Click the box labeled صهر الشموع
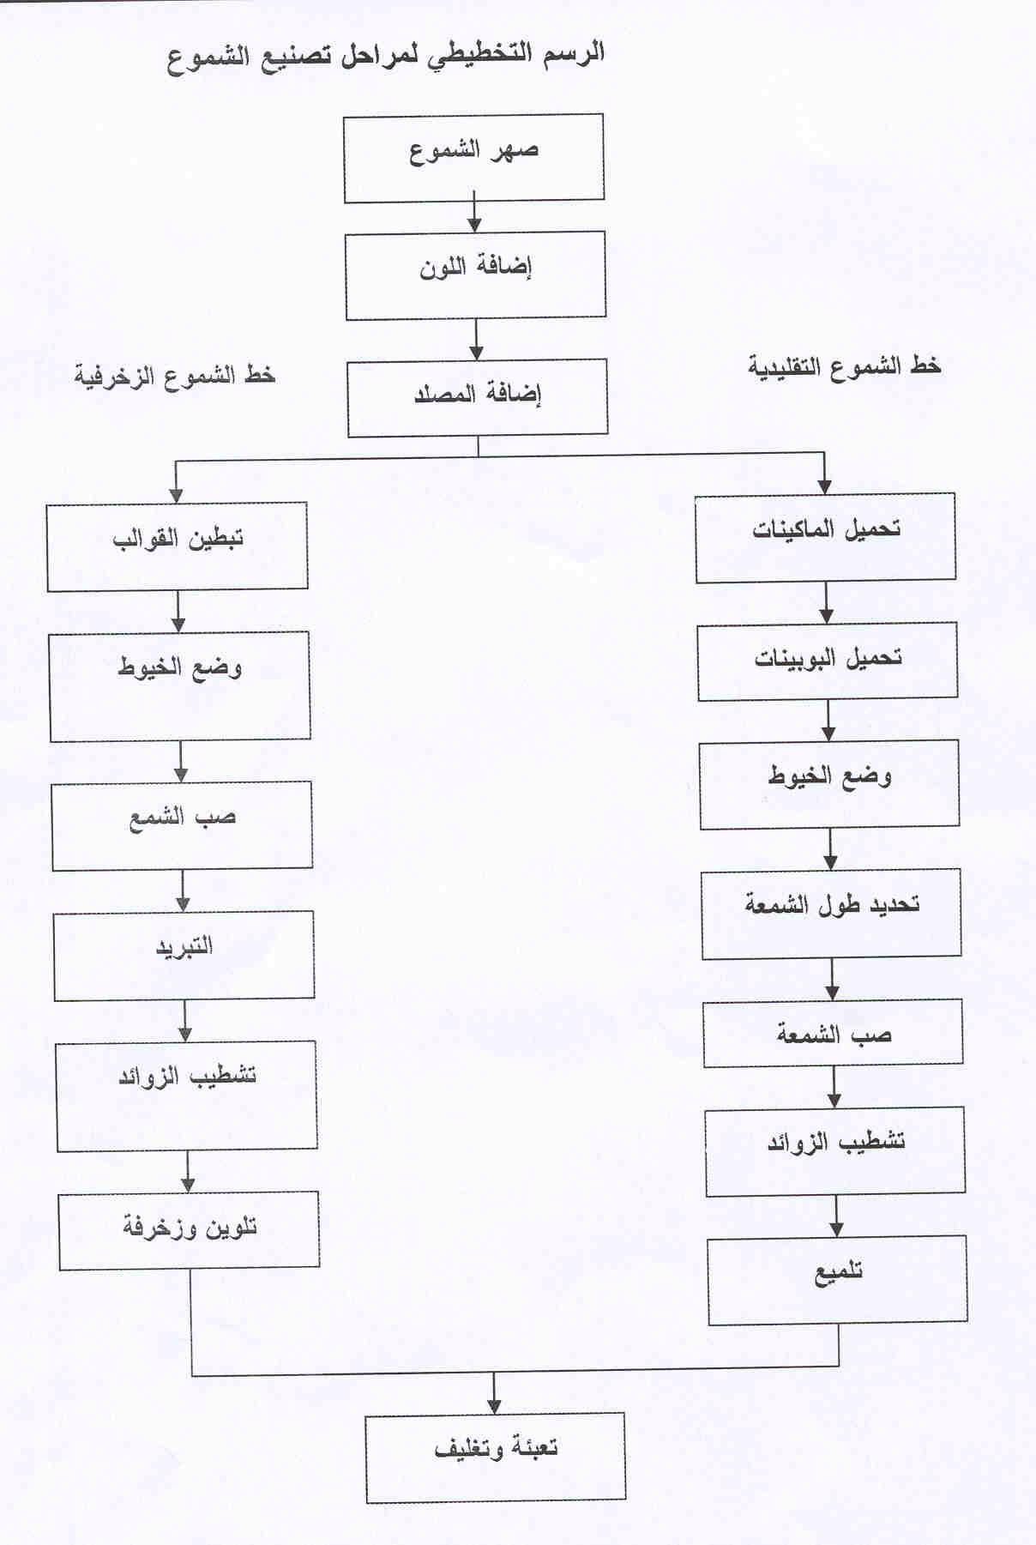click(473, 159)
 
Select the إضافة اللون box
click(476, 275)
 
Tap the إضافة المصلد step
click(478, 398)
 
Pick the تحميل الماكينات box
click(826, 538)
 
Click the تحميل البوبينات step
click(828, 662)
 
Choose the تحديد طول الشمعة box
click(831, 914)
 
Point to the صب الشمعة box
click(833, 1034)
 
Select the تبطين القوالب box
click(178, 546)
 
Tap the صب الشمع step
click(182, 825)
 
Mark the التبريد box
click(184, 956)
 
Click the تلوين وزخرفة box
click(190, 1230)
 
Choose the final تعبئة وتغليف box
click(496, 1457)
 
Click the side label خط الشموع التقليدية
click(845, 366)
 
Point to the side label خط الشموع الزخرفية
click(175, 376)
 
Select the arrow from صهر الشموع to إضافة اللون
click(474, 217)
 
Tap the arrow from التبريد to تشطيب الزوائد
click(184, 1021)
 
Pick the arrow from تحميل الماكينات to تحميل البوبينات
click(826, 604)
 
